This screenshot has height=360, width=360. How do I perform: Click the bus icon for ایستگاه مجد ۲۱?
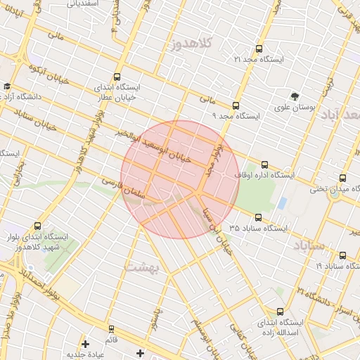pos(259,49)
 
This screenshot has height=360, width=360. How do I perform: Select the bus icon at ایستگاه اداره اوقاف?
pos(264,165)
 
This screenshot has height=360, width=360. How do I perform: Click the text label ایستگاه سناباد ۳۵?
pos(258,229)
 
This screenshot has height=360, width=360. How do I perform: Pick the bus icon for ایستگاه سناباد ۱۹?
pos(343,256)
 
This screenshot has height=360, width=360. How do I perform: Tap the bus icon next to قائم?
pos(110,328)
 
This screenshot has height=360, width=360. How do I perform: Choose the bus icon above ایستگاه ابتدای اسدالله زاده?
pos(281,311)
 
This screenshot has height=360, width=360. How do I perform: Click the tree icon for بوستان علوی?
pos(295,96)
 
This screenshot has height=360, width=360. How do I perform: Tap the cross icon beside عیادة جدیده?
pos(86,345)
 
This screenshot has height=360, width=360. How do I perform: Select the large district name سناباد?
pos(307,245)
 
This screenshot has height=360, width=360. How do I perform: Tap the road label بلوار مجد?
pos(210,158)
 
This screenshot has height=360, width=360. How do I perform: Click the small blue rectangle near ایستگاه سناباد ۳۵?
pos(282,204)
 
